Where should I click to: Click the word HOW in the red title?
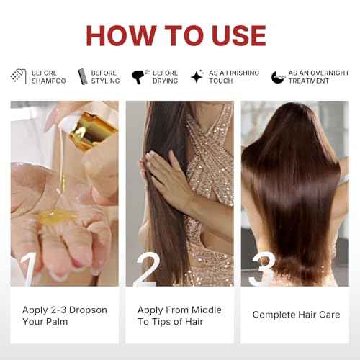pyautogui.click(x=121, y=35)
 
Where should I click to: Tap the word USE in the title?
pyautogui.click(x=239, y=35)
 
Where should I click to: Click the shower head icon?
pyautogui.click(x=19, y=76)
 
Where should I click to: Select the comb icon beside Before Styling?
pyautogui.click(x=83, y=76)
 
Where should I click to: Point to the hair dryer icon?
pyautogui.click(x=140, y=76)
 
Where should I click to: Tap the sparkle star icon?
pyautogui.click(x=197, y=76)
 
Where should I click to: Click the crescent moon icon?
pyautogui.click(x=278, y=77)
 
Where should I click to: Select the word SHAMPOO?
pyautogui.click(x=49, y=81)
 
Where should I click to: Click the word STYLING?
pyautogui.click(x=105, y=81)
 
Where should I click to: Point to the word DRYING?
pyautogui.click(x=166, y=81)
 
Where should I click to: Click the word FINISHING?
pyautogui.click(x=243, y=73)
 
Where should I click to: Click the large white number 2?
pyautogui.click(x=148, y=269)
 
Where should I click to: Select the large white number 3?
pyautogui.click(x=262, y=269)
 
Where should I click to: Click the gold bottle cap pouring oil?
pyautogui.click(x=92, y=131)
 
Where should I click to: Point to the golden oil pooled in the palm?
pyautogui.click(x=55, y=215)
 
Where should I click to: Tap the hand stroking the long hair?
pyautogui.click(x=168, y=179)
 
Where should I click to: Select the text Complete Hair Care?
pyautogui.click(x=296, y=315)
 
